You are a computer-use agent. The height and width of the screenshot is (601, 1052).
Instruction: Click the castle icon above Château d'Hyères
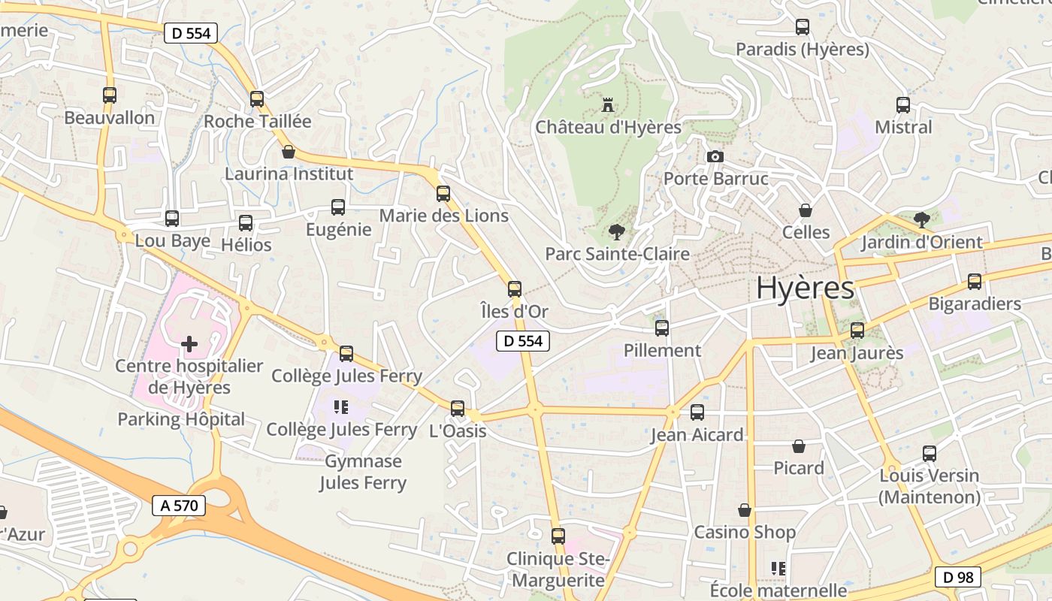click(608, 104)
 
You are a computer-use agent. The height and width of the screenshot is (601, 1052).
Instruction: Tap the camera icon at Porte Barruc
click(715, 156)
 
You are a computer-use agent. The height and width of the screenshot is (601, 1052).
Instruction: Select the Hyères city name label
click(805, 288)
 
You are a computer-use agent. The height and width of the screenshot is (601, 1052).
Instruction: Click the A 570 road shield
click(179, 506)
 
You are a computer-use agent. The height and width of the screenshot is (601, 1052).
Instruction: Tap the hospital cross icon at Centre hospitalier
click(189, 344)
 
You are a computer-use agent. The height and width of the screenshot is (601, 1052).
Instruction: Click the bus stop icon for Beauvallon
click(110, 95)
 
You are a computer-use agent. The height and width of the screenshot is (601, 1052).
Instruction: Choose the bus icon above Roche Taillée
click(257, 98)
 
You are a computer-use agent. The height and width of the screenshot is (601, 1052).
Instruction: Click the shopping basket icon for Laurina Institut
click(289, 152)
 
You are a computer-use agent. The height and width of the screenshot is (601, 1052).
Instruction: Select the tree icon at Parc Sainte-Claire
click(617, 232)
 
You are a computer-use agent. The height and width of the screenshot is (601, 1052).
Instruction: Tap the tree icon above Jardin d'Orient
click(921, 220)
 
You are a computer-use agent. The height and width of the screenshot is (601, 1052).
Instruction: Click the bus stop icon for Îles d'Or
click(515, 289)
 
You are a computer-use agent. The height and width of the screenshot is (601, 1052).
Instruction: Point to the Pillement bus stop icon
click(662, 328)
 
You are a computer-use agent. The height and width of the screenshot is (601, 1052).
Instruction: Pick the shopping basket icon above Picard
click(799, 446)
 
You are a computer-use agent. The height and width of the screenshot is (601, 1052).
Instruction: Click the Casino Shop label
click(744, 532)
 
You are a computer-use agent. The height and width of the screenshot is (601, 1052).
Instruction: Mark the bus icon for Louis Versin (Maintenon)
click(930, 454)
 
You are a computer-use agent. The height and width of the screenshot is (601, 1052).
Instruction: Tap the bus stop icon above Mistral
click(903, 105)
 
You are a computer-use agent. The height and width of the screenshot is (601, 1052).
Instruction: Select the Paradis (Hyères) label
click(802, 50)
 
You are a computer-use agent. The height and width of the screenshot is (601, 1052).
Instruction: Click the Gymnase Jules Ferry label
click(363, 472)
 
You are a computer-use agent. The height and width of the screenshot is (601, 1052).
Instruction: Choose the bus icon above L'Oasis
click(458, 409)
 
